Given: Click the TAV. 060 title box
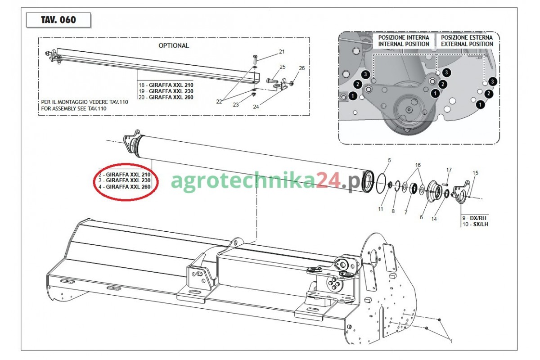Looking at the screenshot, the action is tap(58, 20).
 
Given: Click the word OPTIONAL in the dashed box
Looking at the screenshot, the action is tap(174, 45).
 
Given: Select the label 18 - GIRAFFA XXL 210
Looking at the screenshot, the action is tap(166, 85).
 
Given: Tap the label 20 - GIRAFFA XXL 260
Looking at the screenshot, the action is tap(166, 97).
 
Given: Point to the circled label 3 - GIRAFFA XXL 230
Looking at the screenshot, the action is tap(124, 180).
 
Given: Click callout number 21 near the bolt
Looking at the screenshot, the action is tap(282, 52).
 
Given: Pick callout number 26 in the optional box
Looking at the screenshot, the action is tap(302, 68).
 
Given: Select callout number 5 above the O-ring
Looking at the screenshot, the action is tap(389, 160).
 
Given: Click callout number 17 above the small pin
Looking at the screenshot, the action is tap(449, 170).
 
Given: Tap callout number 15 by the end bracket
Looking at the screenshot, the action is tap(475, 173).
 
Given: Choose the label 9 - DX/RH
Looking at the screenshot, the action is tap(474, 218).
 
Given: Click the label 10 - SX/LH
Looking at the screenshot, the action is tap(475, 224).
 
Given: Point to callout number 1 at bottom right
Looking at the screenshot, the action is tap(451, 341).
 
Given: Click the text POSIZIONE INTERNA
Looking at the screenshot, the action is tap(404, 38).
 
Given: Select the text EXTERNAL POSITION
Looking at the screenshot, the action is tap(467, 44).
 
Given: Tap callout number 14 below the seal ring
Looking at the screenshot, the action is tap(434, 219).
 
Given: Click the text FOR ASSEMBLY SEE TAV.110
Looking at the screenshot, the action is tap(74, 108).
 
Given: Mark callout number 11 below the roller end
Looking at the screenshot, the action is tap(380, 209).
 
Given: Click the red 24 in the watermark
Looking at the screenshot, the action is tap(328, 180).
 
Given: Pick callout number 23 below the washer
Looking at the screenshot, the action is tap(236, 105).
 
